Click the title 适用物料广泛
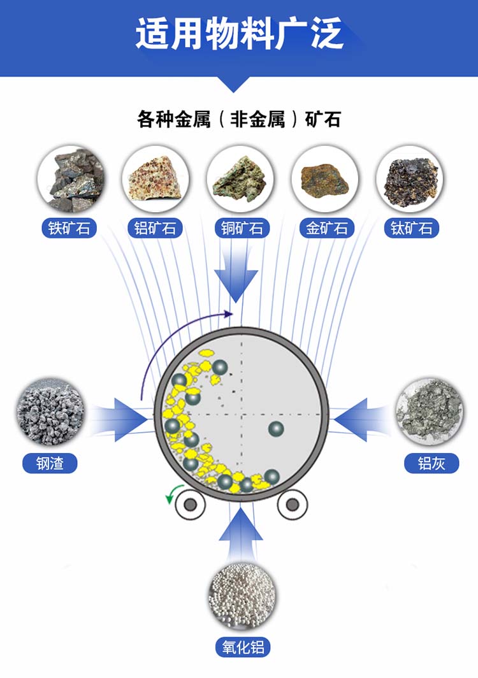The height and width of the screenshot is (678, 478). coord(239,33)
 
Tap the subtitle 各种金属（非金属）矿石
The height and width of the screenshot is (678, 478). coord(239,119)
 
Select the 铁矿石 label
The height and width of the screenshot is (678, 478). coord(69,228)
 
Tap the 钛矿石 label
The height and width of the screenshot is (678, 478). coord(411,228)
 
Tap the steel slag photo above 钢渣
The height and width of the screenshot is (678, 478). coord(50,413)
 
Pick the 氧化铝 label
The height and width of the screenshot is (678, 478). coord(242,648)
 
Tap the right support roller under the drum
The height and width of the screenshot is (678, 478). coord(293,505)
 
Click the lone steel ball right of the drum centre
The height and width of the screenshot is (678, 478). coord(276,429)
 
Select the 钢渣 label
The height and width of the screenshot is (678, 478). coord(50,463)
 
